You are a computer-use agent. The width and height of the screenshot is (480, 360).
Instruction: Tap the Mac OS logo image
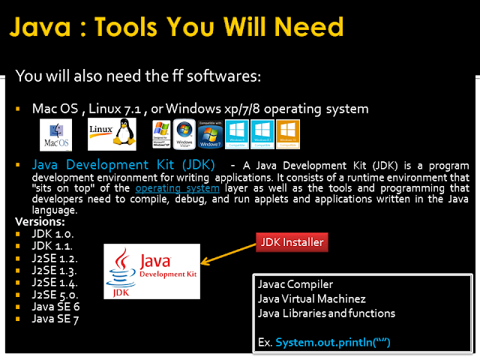tap(55, 135)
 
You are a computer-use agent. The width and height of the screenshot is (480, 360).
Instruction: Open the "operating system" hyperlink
tap(177, 188)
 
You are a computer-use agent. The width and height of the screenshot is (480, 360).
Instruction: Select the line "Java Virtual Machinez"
tap(313, 298)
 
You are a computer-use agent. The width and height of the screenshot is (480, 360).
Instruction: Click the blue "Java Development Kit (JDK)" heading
tap(124, 164)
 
